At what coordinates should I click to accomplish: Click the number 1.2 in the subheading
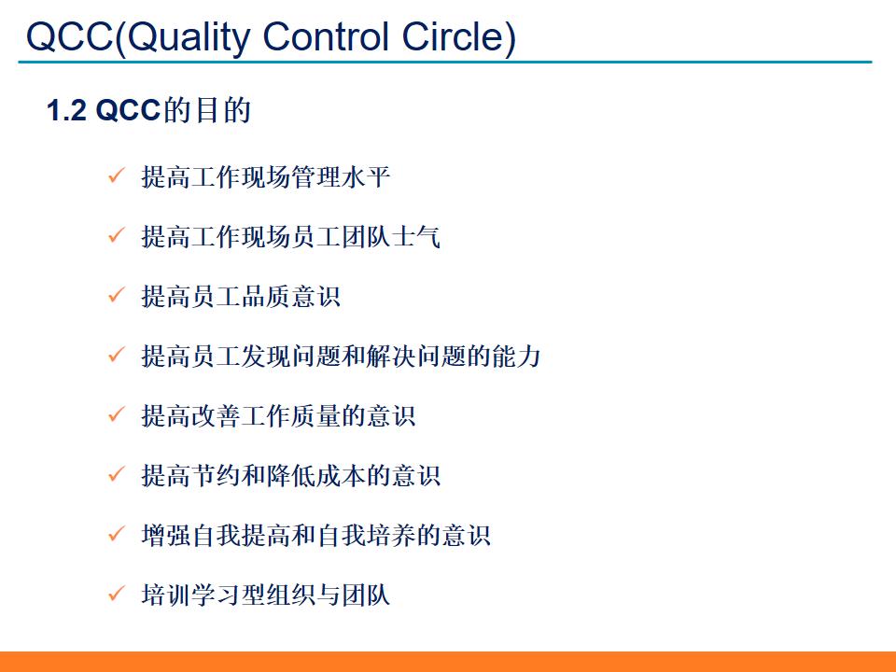66,112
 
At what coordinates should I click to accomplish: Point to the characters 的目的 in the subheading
207,112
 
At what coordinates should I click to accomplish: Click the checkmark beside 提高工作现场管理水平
117,175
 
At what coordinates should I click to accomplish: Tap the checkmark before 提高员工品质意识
117,295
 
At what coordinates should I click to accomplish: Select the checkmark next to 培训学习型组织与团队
117,594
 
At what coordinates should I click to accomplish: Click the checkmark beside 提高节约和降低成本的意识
117,474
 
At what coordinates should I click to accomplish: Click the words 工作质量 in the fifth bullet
290,415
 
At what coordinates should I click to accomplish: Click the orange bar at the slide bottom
448,661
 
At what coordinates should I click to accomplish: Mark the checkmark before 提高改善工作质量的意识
117,414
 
